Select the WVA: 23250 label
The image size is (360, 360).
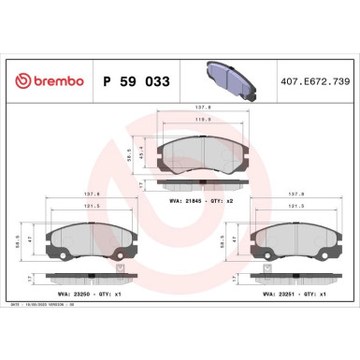point(72,295)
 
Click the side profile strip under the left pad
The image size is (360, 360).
point(91,278)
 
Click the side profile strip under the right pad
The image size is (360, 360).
point(297,278)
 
